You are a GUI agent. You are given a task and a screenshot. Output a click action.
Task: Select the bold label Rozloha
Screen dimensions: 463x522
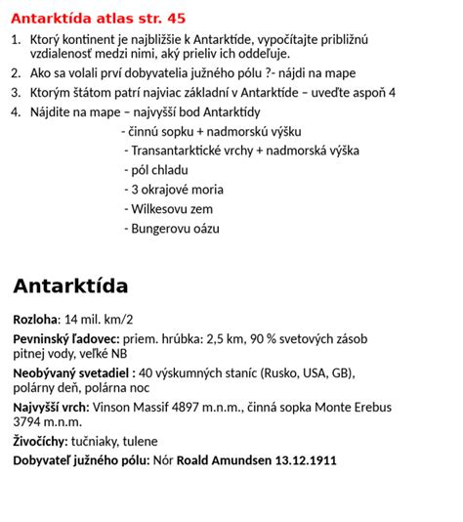click(x=35, y=320)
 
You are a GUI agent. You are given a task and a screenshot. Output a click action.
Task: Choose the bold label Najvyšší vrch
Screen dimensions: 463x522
click(x=50, y=408)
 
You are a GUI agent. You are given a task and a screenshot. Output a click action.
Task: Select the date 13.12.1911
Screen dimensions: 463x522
click(x=306, y=459)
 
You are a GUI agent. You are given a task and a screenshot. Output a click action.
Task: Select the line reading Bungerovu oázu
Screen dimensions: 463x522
click(x=175, y=229)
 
